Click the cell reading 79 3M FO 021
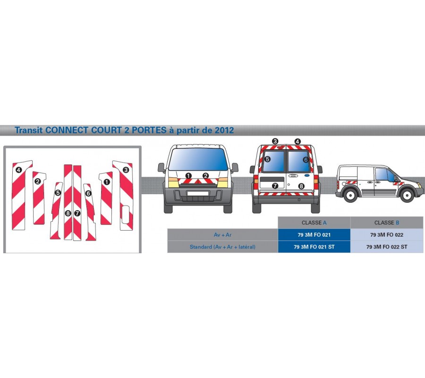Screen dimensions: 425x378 coord(314,235)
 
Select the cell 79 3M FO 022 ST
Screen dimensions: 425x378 coord(387,247)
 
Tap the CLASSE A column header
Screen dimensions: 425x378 coord(314,223)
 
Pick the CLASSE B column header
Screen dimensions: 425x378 coord(387,223)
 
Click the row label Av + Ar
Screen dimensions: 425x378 coord(222,235)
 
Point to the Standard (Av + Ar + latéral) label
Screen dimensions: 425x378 coord(222,247)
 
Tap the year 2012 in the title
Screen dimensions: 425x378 coord(224,130)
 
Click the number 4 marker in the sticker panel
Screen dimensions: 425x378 coord(18,170)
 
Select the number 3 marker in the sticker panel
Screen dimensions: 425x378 coord(126,170)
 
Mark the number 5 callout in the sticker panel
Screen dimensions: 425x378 coord(58,193)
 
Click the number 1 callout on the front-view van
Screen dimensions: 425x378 coord(188,176)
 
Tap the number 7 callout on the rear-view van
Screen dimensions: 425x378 coord(275,186)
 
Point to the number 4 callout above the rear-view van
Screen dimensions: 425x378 coord(297,142)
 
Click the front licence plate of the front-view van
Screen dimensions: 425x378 coord(198,193)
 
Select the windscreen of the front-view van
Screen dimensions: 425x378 coord(198,159)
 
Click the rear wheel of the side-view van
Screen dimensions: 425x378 coord(350,195)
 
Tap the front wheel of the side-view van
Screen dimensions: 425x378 coord(407,195)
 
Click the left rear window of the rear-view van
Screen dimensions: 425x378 coord(273,161)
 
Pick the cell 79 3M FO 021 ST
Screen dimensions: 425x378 coord(314,247)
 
